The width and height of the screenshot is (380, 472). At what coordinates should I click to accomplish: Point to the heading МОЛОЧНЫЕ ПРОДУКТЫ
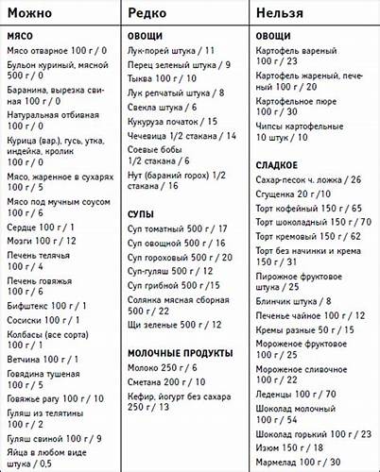pyautogui.click(x=181, y=352)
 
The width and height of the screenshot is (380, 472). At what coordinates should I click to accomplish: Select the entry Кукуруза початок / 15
pyautogui.click(x=173, y=122)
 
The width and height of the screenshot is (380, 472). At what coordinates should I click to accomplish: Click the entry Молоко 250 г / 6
pyautogui.click(x=164, y=367)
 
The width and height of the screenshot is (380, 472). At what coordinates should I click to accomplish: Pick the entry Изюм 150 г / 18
pyautogui.click(x=290, y=447)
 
